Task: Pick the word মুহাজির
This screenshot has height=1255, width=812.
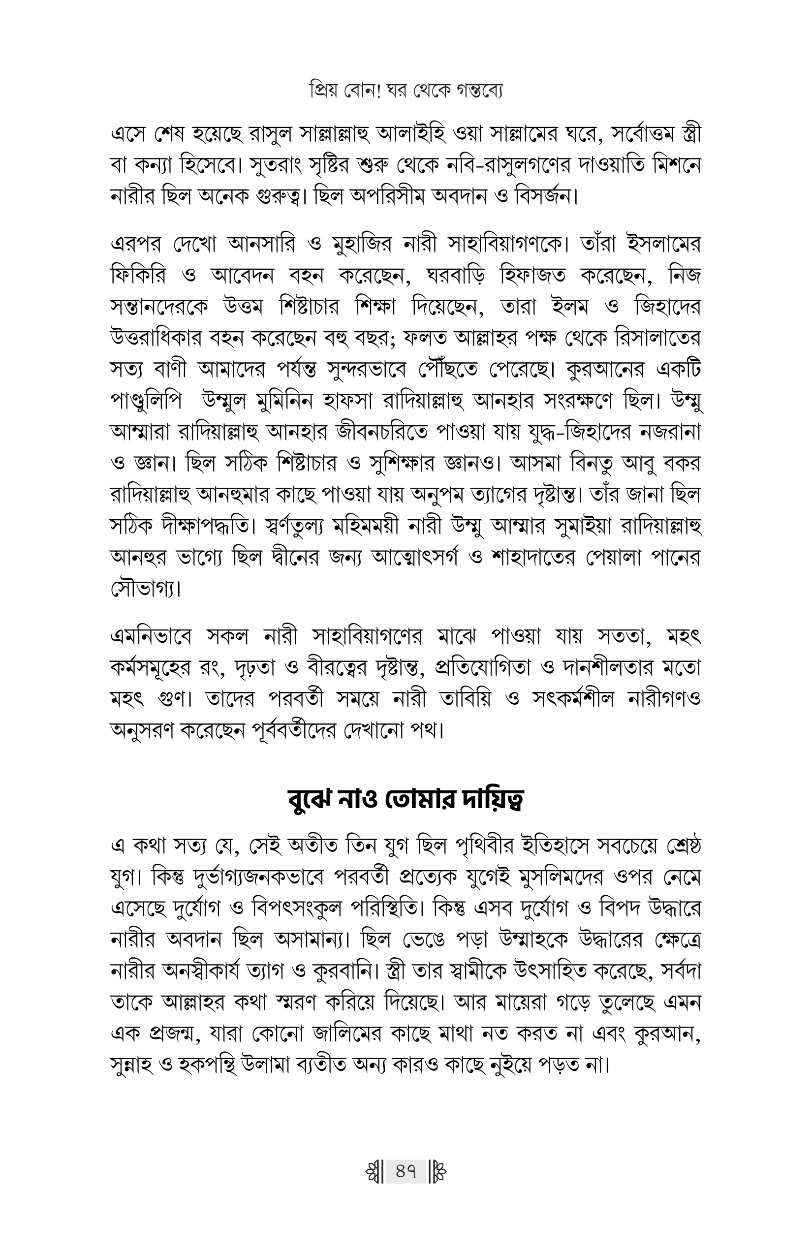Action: tap(359, 245)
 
